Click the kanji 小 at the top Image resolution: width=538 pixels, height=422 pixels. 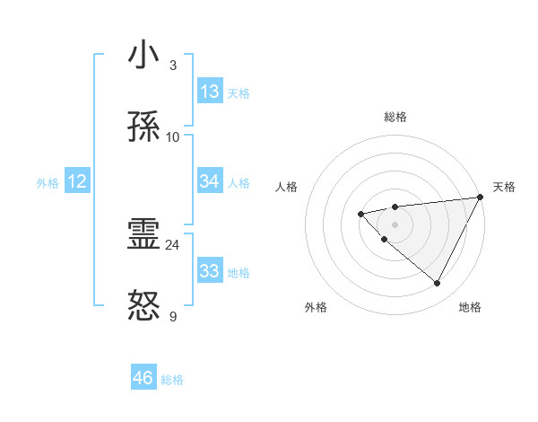coord(144,56)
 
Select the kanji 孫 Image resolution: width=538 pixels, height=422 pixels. coord(144,127)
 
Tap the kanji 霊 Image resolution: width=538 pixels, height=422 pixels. coord(144,235)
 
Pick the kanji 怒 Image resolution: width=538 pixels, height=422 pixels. coord(144,307)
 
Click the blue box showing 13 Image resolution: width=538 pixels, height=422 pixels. coord(210,92)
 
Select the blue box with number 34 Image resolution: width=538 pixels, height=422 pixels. coord(210,181)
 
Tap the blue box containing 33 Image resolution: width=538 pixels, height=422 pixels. coord(210,271)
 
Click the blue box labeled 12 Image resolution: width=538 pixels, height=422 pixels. coord(76,181)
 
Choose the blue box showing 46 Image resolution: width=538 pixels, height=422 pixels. coord(143,378)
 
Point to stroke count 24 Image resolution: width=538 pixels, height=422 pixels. coord(172,244)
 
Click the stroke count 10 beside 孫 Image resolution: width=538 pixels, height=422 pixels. coord(172,136)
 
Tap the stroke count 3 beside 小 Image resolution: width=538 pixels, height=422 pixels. coord(172,65)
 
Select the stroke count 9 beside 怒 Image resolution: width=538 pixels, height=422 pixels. coord(172,316)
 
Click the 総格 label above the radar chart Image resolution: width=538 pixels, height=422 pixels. coord(395,117)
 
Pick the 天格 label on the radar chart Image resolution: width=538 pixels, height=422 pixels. coord(504,187)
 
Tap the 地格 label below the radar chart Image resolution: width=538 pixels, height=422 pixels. coord(470,307)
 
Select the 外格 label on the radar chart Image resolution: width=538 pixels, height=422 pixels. coord(316,307)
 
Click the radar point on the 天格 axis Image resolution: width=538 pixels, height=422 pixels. coord(482,197)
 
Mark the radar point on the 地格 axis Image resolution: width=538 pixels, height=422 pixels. coord(437,283)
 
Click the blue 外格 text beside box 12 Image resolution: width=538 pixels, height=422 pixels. coord(48,182)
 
